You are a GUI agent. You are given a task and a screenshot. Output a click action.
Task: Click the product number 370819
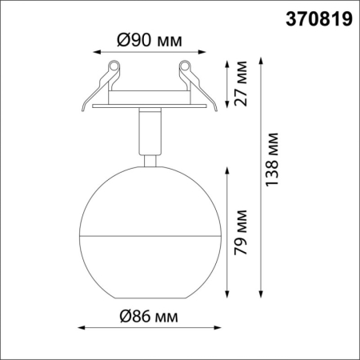tap(318, 19)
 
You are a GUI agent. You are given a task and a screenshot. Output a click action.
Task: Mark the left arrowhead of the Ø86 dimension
tap(82, 326)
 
